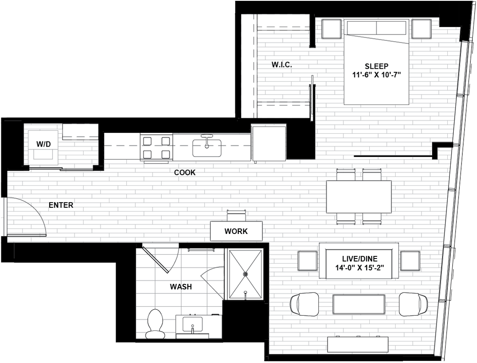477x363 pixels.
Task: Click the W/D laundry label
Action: coord(43,145)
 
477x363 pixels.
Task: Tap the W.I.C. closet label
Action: coord(282,65)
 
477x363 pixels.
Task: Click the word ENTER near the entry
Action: coord(61,205)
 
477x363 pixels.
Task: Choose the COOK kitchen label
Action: coord(185,172)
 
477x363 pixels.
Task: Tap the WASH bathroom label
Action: coord(181,286)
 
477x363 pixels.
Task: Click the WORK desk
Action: coord(236,231)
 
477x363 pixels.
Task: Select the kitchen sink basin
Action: coord(207,148)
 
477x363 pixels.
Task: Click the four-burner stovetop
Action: coord(156,148)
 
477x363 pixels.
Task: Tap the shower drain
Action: coord(246,273)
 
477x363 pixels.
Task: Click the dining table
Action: coord(359,197)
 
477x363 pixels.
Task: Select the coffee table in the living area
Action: coord(359,305)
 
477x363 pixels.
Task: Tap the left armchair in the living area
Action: coord(305,304)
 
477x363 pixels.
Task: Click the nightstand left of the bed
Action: coord(331,29)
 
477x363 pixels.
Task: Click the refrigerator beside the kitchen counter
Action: coord(269,142)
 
